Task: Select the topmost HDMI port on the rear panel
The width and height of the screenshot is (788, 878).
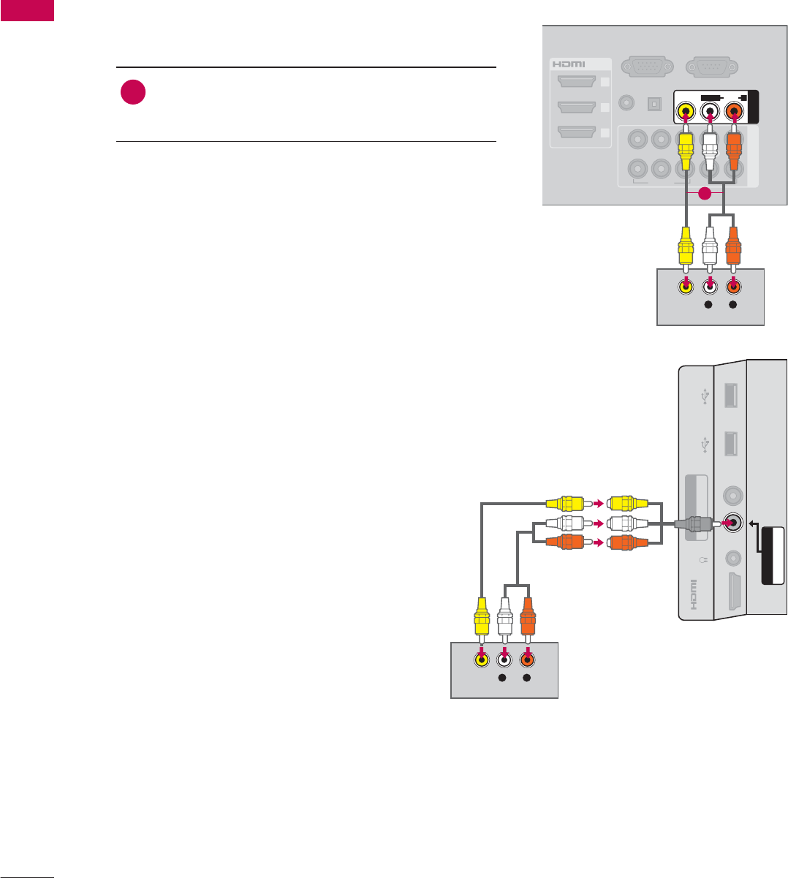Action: [576, 82]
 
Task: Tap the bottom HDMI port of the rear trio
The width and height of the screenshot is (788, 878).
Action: [576, 132]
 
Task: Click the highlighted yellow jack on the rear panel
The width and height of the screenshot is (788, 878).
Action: [686, 112]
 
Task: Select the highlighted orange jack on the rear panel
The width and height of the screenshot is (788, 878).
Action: [733, 112]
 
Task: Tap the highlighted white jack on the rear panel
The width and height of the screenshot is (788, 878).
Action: [709, 112]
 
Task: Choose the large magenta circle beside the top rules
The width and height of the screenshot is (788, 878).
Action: [133, 93]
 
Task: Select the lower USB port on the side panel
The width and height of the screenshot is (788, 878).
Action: [730, 444]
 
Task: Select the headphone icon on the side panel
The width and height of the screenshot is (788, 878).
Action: [702, 560]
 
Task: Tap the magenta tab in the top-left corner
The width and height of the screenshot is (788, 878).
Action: [27, 10]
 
